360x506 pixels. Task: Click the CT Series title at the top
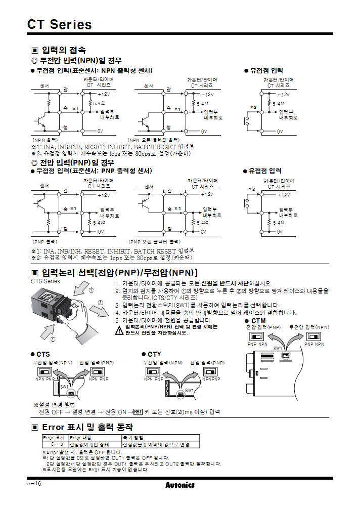click(x=60, y=24)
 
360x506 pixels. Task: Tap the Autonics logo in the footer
click(x=179, y=485)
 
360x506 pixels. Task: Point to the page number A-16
click(x=34, y=484)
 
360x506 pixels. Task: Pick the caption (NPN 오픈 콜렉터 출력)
click(x=153, y=140)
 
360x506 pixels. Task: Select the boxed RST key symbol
click(x=138, y=411)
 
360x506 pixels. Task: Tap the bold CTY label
click(x=154, y=354)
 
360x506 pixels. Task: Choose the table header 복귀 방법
click(x=133, y=438)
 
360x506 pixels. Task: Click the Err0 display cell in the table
click(x=55, y=444)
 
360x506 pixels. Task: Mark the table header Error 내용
click(x=80, y=438)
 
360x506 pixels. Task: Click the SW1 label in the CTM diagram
click(x=278, y=348)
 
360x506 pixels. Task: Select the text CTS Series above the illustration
click(x=46, y=281)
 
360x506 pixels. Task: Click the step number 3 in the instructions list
click(x=117, y=305)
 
